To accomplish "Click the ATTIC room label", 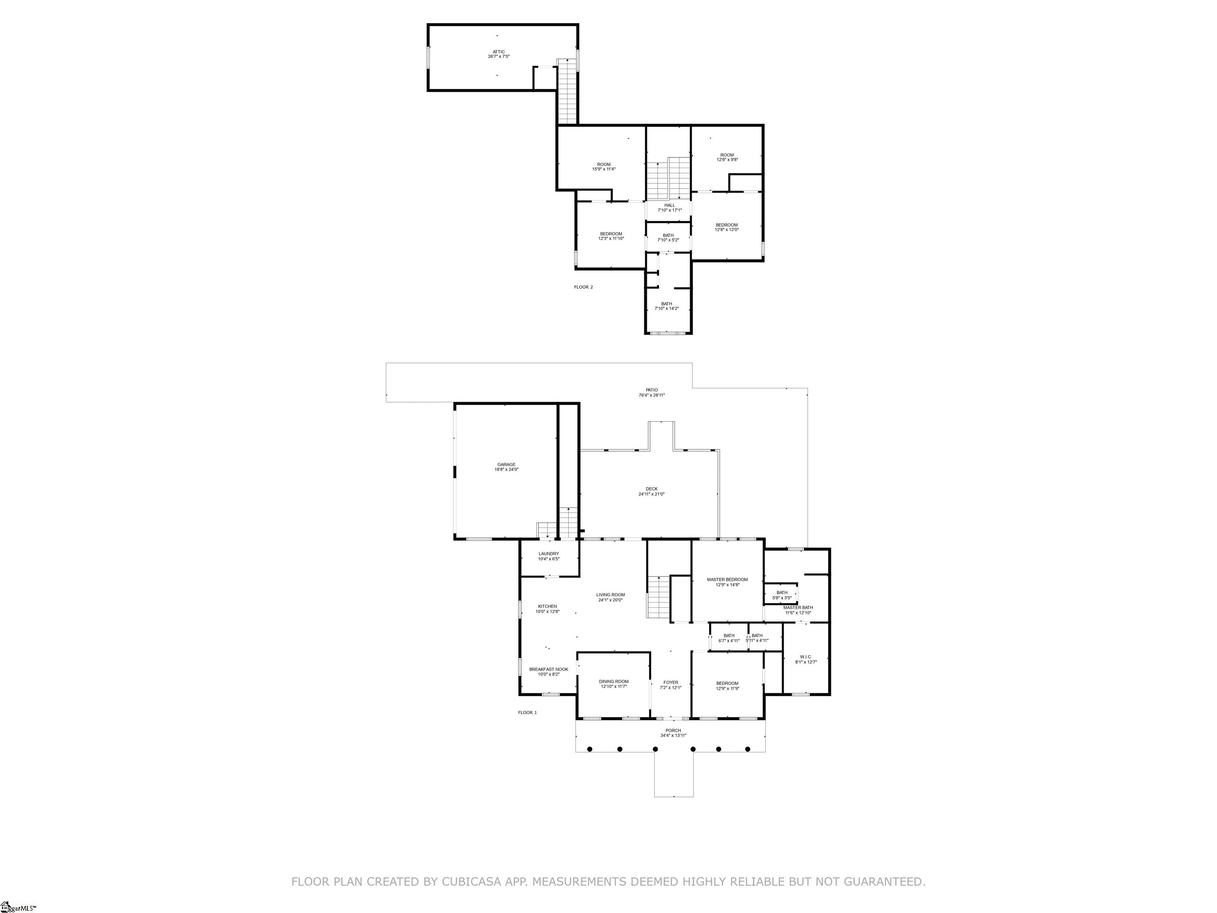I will [498, 52].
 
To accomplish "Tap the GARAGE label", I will [506, 464].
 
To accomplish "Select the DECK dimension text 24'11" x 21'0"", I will [651, 494].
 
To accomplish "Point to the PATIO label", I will [651, 390].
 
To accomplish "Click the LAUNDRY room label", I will [549, 554].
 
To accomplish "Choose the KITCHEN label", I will [547, 606].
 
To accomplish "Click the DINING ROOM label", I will [613, 681].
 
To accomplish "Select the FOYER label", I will [671, 682].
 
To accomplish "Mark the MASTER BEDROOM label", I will [727, 579].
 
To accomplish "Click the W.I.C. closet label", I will [805, 657].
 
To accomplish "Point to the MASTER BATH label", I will [798, 607].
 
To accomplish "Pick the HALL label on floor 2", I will [669, 205].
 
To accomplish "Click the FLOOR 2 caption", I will [583, 287].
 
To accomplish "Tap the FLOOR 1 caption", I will [527, 712].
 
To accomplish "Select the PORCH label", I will [673, 731].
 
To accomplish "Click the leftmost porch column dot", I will [589, 749].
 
